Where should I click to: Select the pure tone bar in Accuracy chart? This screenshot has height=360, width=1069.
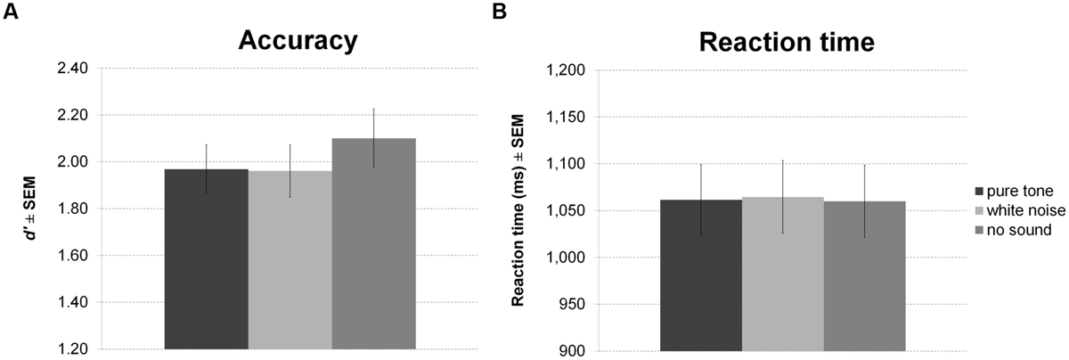207,258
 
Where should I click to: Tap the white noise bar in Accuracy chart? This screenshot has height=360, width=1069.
290,259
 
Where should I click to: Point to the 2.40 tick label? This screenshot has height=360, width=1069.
71,69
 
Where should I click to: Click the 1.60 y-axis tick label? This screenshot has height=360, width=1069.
71,256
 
